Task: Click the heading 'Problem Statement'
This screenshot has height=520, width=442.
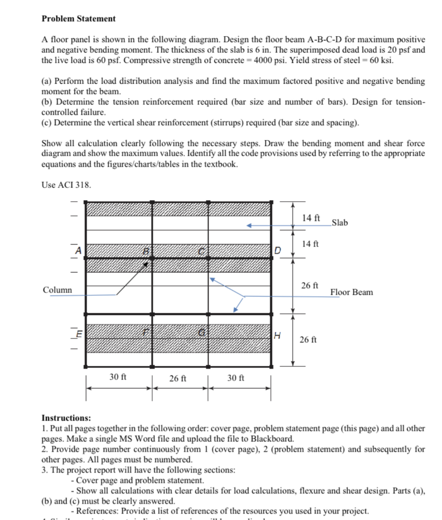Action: (x=79, y=18)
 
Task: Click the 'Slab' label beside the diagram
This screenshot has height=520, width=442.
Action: (x=339, y=223)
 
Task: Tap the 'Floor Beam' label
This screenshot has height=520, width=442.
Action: (x=351, y=292)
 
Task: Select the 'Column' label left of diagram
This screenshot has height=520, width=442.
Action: (x=57, y=290)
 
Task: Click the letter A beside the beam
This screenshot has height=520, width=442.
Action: (x=78, y=250)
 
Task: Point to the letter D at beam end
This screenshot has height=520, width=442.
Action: (x=277, y=250)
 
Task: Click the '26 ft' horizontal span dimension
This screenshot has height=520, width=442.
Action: (x=178, y=379)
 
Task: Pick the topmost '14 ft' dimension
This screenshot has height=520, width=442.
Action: (x=311, y=218)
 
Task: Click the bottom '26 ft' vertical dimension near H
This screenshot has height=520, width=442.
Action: (x=308, y=339)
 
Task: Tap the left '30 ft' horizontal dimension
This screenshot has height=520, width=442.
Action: (x=118, y=377)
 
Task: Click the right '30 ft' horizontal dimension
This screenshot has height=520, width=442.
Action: (x=236, y=378)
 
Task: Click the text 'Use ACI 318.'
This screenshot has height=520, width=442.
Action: (x=66, y=185)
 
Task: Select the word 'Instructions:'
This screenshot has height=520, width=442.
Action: (x=66, y=418)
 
